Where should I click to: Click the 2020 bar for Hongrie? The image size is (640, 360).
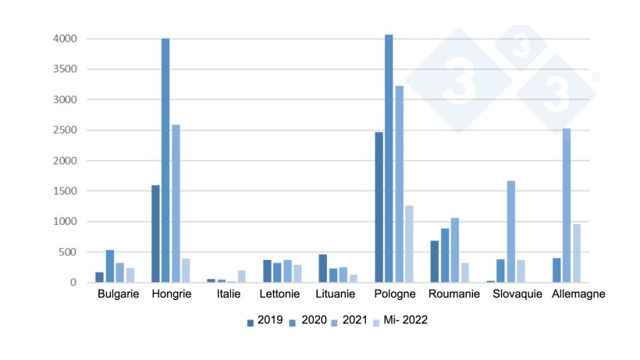click(165, 160)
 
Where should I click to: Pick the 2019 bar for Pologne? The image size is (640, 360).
click(379, 207)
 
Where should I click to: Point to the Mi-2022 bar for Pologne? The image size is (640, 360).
click(409, 244)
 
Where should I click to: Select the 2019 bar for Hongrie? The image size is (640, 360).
click(155, 233)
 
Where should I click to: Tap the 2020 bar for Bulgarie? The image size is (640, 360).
click(110, 266)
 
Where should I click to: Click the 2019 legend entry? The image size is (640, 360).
click(265, 320)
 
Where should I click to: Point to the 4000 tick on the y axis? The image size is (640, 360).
click(65, 39)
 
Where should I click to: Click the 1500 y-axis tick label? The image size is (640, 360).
click(65, 191)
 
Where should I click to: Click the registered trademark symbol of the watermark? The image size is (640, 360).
click(596, 77)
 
